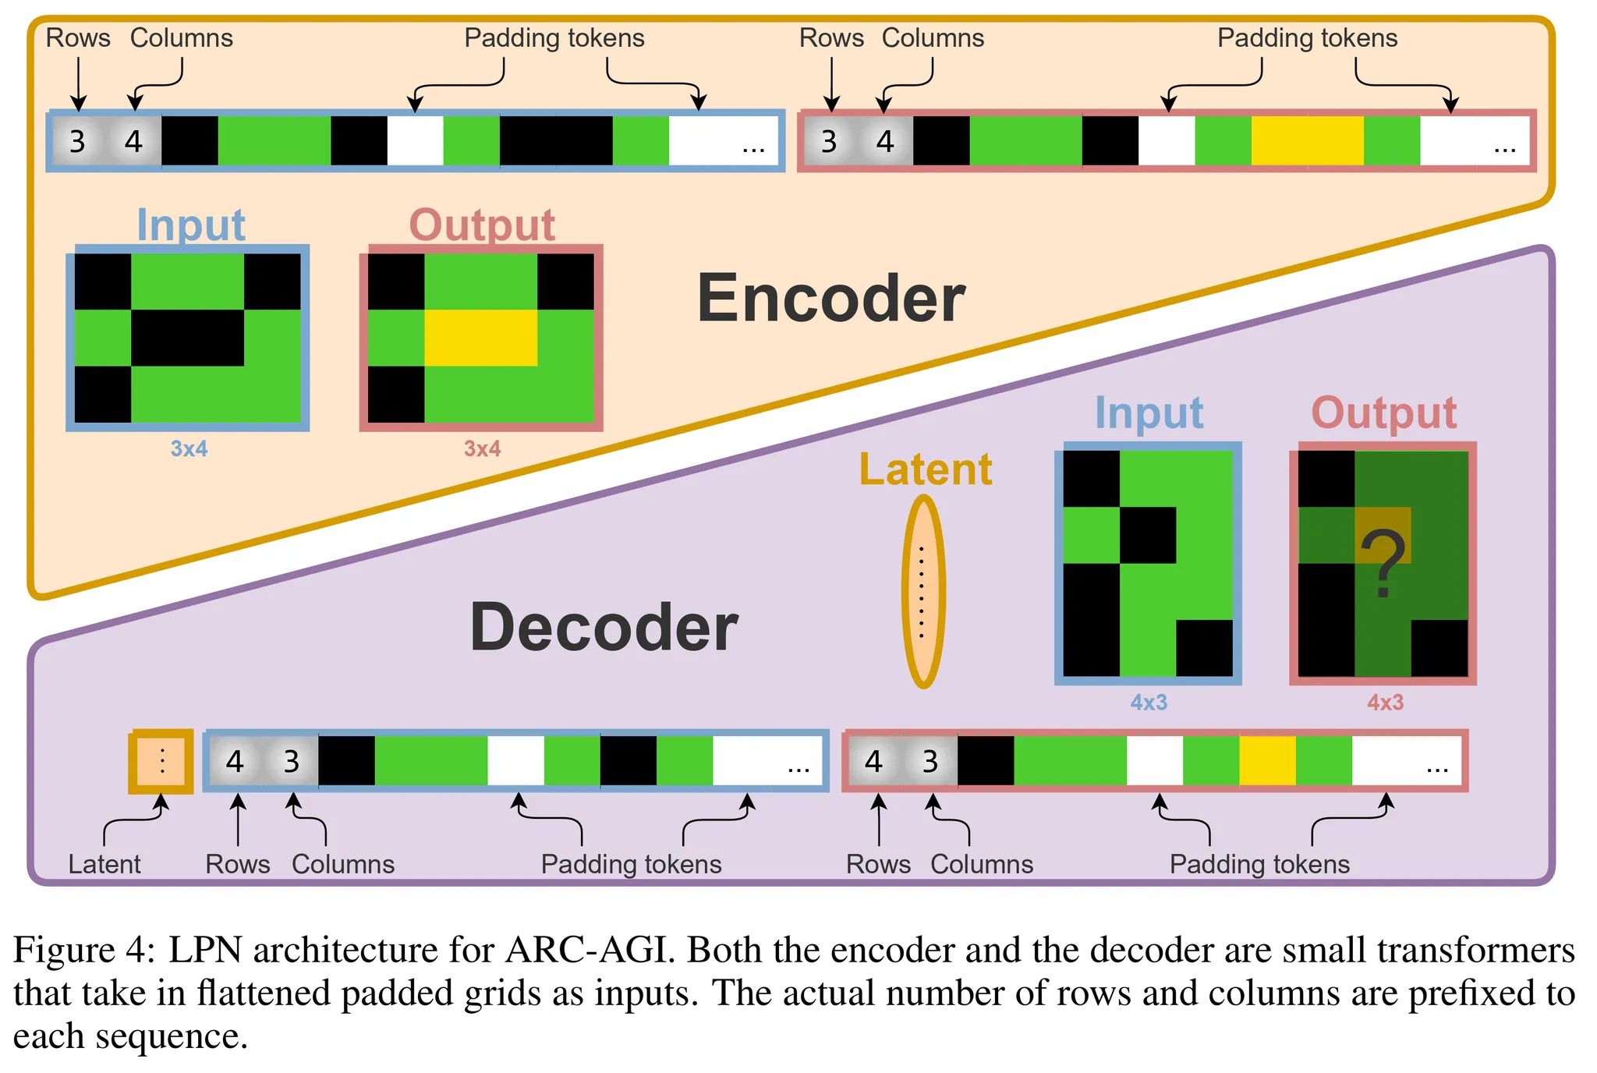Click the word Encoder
[831, 299]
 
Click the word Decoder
[604, 628]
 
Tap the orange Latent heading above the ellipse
[926, 469]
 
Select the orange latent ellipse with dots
[923, 592]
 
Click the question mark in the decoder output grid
[1383, 562]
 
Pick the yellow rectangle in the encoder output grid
[480, 338]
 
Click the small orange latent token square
[161, 761]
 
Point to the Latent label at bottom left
[104, 864]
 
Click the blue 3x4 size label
[189, 448]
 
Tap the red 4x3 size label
[1385, 703]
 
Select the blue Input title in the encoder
[191, 225]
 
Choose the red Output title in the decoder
[1383, 413]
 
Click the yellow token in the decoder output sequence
[1267, 761]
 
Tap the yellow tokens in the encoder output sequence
[1307, 141]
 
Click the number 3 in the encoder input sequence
[77, 142]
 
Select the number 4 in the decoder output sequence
[874, 761]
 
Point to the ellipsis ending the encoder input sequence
[752, 147]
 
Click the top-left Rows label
[78, 37]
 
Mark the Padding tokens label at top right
[1307, 37]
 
